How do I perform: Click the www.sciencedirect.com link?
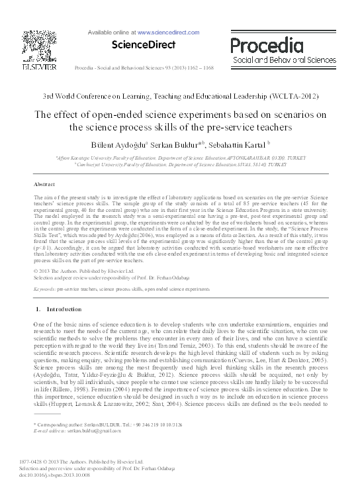168,32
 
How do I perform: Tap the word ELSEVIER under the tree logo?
38,66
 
